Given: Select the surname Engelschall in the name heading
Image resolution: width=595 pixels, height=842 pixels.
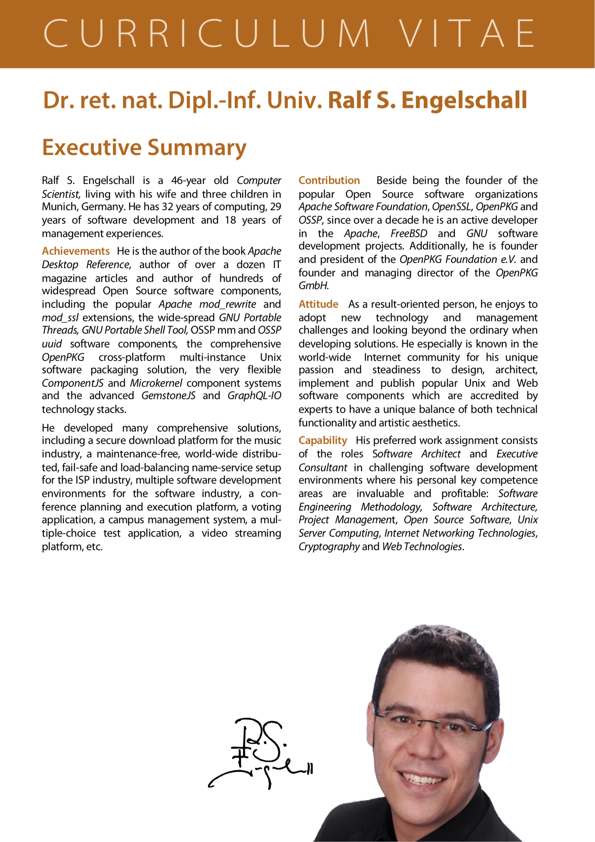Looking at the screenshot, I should click(x=464, y=100).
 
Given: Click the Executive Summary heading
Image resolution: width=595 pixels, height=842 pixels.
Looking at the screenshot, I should click(x=144, y=148).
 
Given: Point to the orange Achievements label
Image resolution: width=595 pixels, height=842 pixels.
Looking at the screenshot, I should click(x=75, y=251).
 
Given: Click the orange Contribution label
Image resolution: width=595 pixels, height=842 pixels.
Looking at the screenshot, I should click(x=329, y=180).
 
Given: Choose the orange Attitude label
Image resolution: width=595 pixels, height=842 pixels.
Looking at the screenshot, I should click(x=318, y=304).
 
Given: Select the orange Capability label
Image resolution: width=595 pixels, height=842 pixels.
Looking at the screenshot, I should click(x=323, y=440).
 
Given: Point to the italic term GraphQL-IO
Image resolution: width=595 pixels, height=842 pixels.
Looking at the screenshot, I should click(x=254, y=396).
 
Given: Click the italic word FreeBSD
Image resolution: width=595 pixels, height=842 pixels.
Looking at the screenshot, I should click(x=409, y=234).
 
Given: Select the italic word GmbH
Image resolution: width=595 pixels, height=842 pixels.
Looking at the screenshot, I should click(x=313, y=286).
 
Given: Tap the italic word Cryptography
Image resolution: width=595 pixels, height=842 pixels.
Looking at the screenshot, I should click(x=329, y=547).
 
